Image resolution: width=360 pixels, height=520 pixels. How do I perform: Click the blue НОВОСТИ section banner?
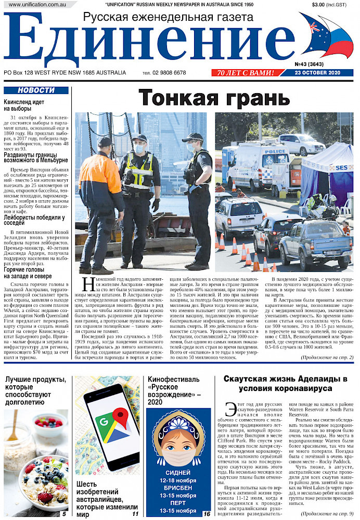click(x=36, y=90)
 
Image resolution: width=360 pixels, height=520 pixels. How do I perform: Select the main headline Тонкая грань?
click(x=214, y=97)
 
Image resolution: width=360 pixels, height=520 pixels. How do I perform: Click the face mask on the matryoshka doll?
click(x=178, y=447)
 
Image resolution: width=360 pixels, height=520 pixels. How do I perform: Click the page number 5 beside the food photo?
click(x=63, y=514)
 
